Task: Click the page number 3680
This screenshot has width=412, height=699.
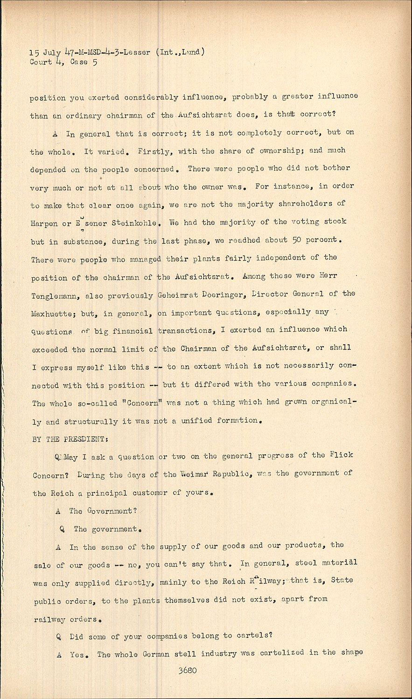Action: pyautogui.click(x=187, y=671)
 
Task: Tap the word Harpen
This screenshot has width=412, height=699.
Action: pyautogui.click(x=44, y=223)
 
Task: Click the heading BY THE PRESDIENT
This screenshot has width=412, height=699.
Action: pyautogui.click(x=70, y=440)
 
